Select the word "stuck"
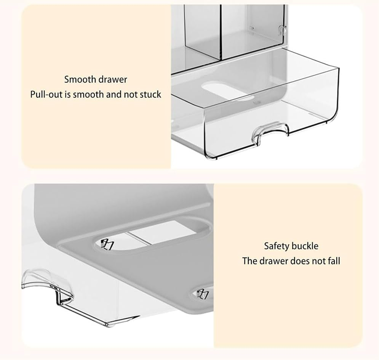tap(150, 95)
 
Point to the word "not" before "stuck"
tap(130, 95)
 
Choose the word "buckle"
tap(305, 246)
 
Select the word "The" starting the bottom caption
tap(249, 261)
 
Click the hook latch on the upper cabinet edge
tap(282, 29)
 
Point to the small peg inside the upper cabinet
tap(251, 27)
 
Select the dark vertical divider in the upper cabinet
tap(221, 32)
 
